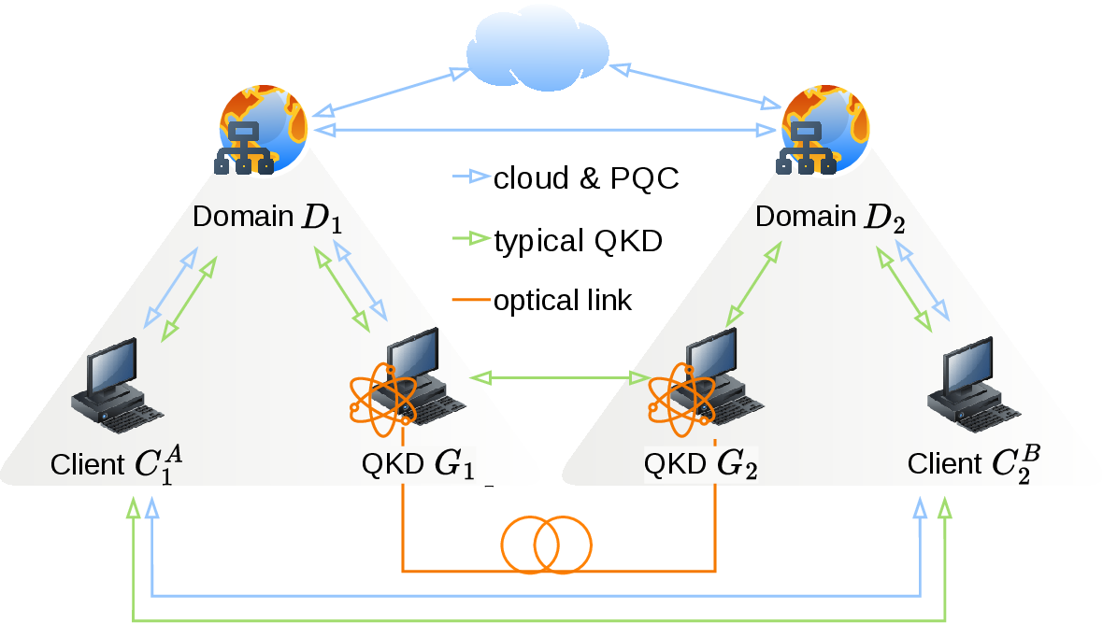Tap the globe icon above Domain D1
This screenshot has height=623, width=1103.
(x=262, y=130)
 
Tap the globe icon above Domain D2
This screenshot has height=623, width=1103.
(x=824, y=130)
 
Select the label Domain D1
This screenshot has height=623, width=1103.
(x=267, y=218)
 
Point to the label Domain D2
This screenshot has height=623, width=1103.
(x=830, y=218)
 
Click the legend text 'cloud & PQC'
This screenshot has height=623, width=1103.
(x=586, y=177)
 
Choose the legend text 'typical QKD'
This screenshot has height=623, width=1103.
(x=579, y=241)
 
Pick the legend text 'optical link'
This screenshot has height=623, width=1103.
(x=563, y=300)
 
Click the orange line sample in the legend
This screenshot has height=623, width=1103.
(x=470, y=300)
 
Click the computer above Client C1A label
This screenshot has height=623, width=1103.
(x=116, y=386)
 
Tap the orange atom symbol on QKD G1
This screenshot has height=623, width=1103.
(x=382, y=400)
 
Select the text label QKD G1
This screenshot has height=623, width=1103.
(x=418, y=464)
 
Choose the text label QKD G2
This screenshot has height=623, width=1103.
(x=701, y=464)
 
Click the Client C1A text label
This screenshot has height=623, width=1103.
(x=117, y=464)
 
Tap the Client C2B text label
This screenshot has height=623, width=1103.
(x=974, y=464)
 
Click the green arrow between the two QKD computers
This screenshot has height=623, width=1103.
(x=560, y=378)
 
